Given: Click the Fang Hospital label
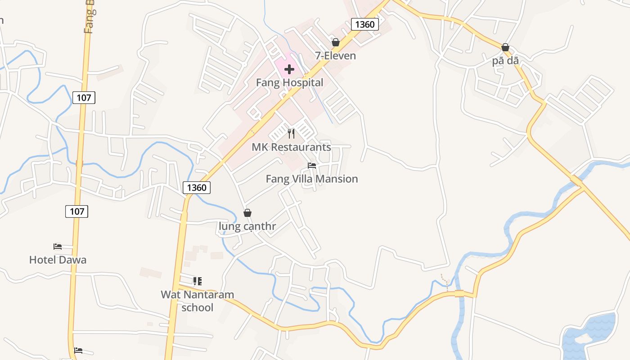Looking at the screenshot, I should [289, 83].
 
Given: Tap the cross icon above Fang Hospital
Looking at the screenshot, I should [289, 69].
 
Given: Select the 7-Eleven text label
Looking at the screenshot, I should [335, 56].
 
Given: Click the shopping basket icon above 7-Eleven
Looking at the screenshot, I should [335, 43].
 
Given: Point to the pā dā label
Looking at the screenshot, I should [505, 60].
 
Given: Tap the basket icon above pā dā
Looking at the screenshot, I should [505, 47].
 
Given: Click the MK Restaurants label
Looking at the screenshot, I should [291, 147].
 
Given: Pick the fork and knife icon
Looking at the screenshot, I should [291, 134].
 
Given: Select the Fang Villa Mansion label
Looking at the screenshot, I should [312, 179].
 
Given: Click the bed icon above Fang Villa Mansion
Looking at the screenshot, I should [312, 166].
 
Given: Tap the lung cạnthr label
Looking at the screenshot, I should [247, 226].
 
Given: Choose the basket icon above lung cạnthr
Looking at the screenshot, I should [247, 213].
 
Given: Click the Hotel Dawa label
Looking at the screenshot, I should [58, 260].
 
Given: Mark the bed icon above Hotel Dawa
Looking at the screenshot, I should [58, 247].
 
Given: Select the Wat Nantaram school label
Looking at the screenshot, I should [198, 301].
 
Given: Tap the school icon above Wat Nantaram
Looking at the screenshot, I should [197, 281].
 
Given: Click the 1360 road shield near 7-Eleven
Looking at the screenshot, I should [364, 24].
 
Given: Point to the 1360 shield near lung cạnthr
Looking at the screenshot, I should [197, 188].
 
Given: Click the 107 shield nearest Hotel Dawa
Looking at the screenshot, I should [76, 211].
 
